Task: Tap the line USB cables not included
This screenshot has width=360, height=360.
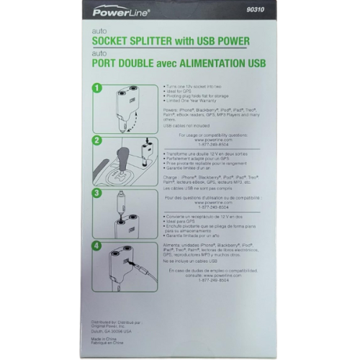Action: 186,125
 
